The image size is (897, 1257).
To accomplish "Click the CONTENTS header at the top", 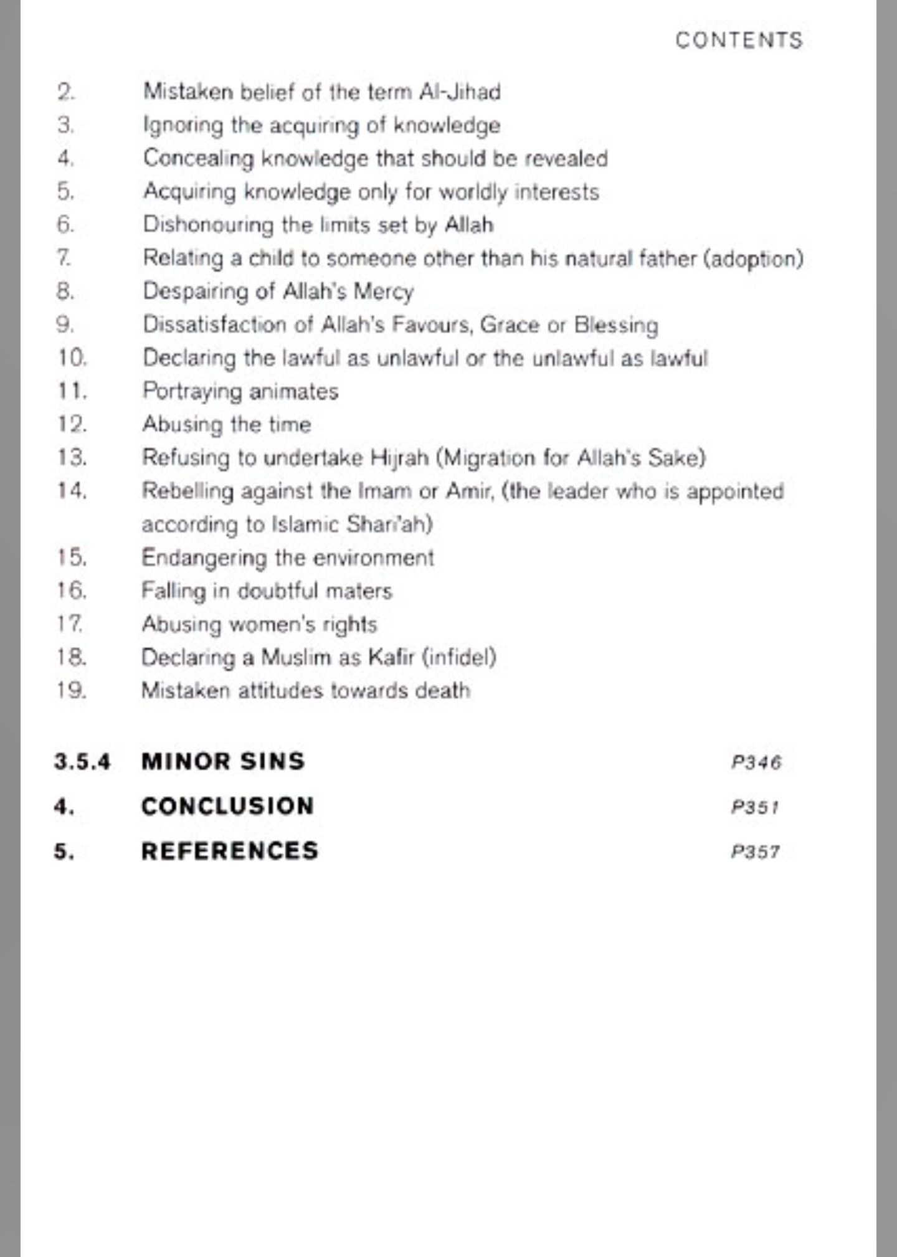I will point(739,40).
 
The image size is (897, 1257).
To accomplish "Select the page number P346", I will point(756,762).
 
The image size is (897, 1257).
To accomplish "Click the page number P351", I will point(754,807).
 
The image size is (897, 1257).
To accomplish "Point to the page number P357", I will point(755,851).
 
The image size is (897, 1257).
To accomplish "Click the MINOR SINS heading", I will point(223,761).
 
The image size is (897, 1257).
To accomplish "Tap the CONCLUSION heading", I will point(227,806).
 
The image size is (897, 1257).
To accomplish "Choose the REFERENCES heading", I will point(230,851).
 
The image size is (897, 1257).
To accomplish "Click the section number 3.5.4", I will point(82,762).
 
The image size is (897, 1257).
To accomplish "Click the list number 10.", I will point(72,358).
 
